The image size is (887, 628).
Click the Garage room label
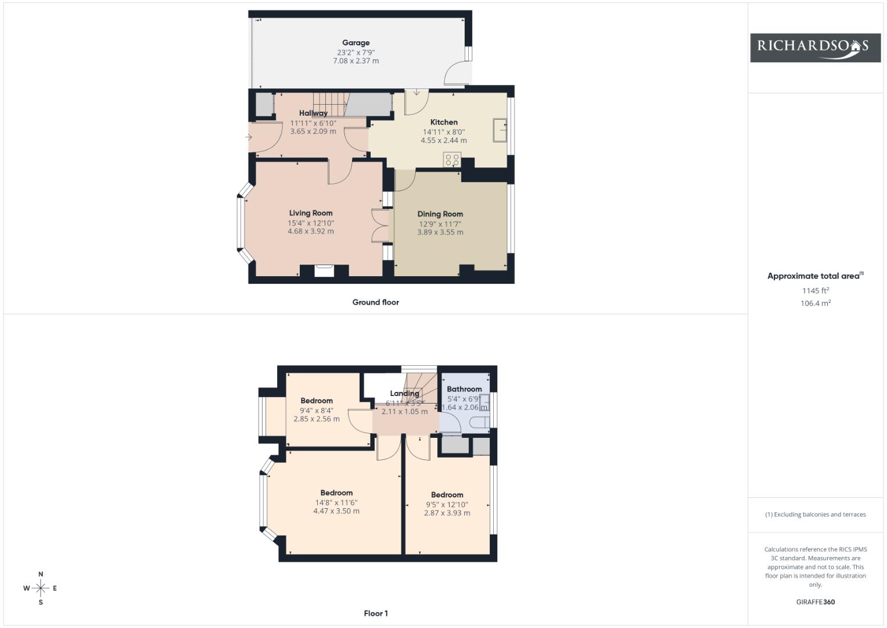pos(355,43)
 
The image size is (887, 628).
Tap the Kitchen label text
pos(444,122)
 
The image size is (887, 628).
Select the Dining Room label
pos(440,214)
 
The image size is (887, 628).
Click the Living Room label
pos(310,213)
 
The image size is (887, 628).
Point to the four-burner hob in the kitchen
pos(452,160)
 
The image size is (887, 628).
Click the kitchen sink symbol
pos(500,130)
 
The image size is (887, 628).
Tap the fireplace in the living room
pos(324,271)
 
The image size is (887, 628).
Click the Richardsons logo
pos(816,48)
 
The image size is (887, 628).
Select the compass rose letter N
pos(41,574)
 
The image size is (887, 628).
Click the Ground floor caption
pos(375,302)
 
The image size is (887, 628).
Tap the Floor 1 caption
pos(375,613)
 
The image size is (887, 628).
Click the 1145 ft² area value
pos(816,291)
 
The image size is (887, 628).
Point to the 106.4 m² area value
pos(816,304)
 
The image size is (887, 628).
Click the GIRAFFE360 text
pos(816,602)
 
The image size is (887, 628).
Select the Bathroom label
pos(464,390)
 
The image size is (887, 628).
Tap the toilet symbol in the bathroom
pos(481,422)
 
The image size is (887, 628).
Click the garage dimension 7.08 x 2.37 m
pos(355,61)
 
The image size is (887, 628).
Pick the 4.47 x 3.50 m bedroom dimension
pos(336,511)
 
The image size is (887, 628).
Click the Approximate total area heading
pos(816,276)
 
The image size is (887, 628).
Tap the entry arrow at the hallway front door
pos(248,137)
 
